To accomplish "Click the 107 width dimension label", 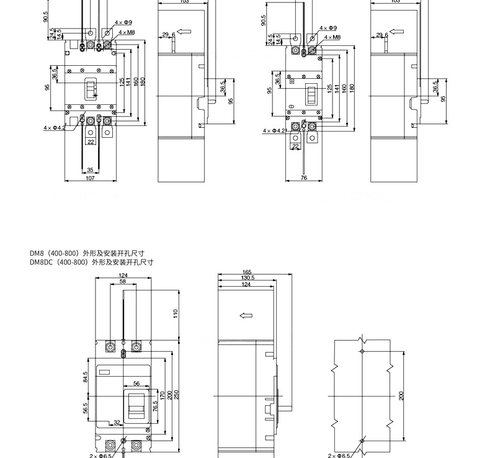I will (90, 179).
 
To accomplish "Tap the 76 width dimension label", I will (303, 179).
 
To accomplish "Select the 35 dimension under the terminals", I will (90, 169).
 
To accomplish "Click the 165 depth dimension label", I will (247, 272).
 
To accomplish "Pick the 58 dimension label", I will (123, 282).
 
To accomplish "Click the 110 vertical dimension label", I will (176, 313).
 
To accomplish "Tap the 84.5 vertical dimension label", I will (86, 377).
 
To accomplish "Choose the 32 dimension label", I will (116, 422).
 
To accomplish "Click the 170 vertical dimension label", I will (163, 394).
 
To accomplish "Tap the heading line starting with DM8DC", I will (91, 263).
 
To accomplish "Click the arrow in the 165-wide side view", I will (246, 315).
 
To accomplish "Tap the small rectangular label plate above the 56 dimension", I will (104, 372).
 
